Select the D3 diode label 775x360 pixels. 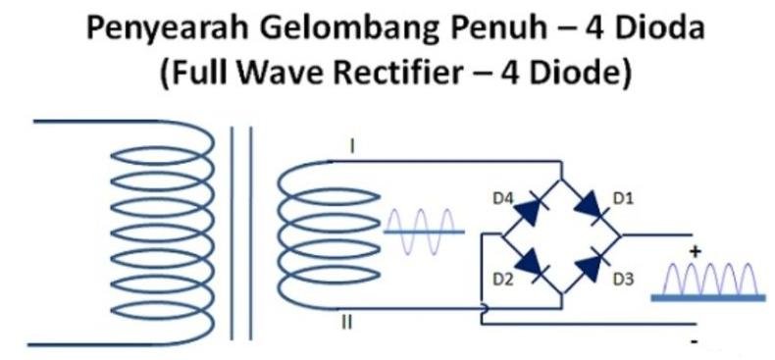point(623,280)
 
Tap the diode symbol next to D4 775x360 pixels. point(530,205)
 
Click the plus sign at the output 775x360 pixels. point(695,252)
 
